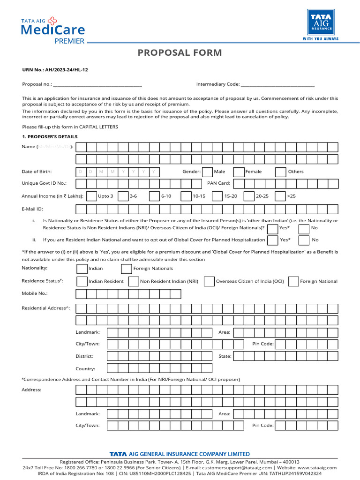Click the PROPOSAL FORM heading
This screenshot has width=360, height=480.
(x=180, y=52)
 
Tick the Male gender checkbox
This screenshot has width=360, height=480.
(x=207, y=172)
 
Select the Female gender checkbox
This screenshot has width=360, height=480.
(x=239, y=172)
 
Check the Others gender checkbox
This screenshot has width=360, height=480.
(x=281, y=172)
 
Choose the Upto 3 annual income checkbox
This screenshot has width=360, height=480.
(x=91, y=196)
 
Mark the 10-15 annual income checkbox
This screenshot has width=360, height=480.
(x=186, y=196)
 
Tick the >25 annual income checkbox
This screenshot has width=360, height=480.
(x=280, y=196)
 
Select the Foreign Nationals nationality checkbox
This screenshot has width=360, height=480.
(x=126, y=269)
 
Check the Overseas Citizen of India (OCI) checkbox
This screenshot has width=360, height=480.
(x=209, y=281)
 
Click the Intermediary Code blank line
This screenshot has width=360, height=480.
(x=277, y=85)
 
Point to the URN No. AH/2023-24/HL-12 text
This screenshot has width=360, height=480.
(x=55, y=69)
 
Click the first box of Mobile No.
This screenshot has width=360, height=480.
(x=81, y=294)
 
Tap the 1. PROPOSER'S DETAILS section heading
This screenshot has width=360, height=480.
(x=49, y=137)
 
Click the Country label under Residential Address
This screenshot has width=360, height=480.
(x=85, y=369)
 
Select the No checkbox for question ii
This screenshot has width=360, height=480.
(x=304, y=240)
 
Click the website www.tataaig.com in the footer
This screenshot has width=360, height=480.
(x=317, y=467)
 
